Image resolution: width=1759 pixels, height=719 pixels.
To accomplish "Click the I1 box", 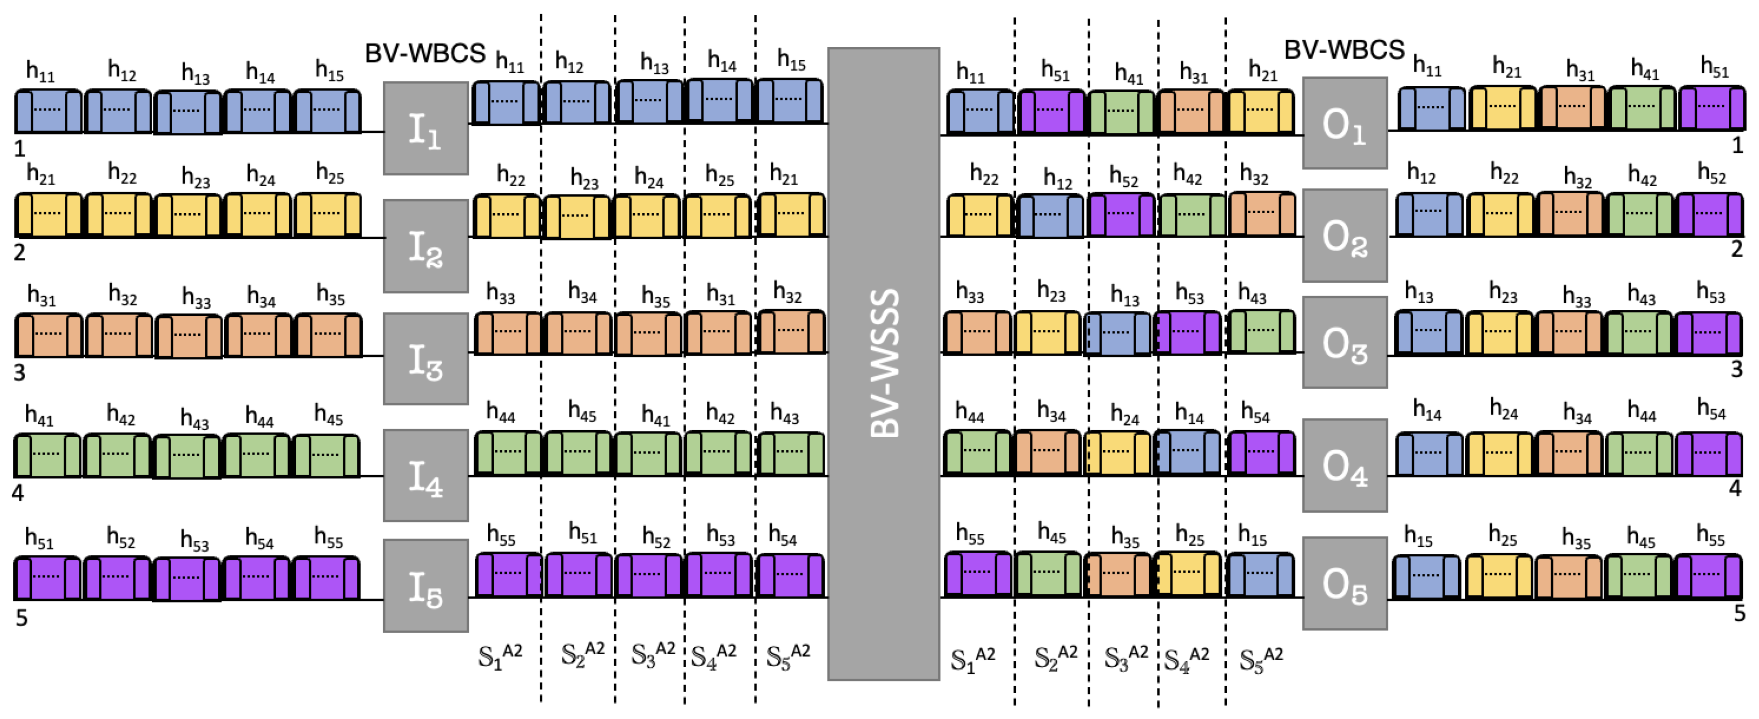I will [x=425, y=128].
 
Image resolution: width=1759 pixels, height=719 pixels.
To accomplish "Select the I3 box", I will [x=425, y=358].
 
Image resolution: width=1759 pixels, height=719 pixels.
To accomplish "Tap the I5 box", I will [x=425, y=586].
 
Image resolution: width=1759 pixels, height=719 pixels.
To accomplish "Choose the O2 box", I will [x=1344, y=235].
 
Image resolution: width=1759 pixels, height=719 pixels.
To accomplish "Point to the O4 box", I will [x=1344, y=466].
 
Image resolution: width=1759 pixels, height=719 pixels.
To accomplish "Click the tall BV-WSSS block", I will [x=884, y=363].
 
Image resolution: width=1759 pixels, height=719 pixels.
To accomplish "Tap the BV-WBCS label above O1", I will [x=1344, y=50].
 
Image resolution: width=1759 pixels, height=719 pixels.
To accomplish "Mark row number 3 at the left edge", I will [x=19, y=373].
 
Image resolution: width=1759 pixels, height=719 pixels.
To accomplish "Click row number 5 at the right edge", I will [x=1739, y=613].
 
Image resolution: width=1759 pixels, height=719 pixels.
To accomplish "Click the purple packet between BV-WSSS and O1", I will [x=1051, y=111].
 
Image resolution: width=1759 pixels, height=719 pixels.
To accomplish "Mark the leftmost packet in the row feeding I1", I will [x=48, y=111].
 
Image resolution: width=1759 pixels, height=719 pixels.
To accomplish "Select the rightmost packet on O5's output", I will [x=1709, y=575].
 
